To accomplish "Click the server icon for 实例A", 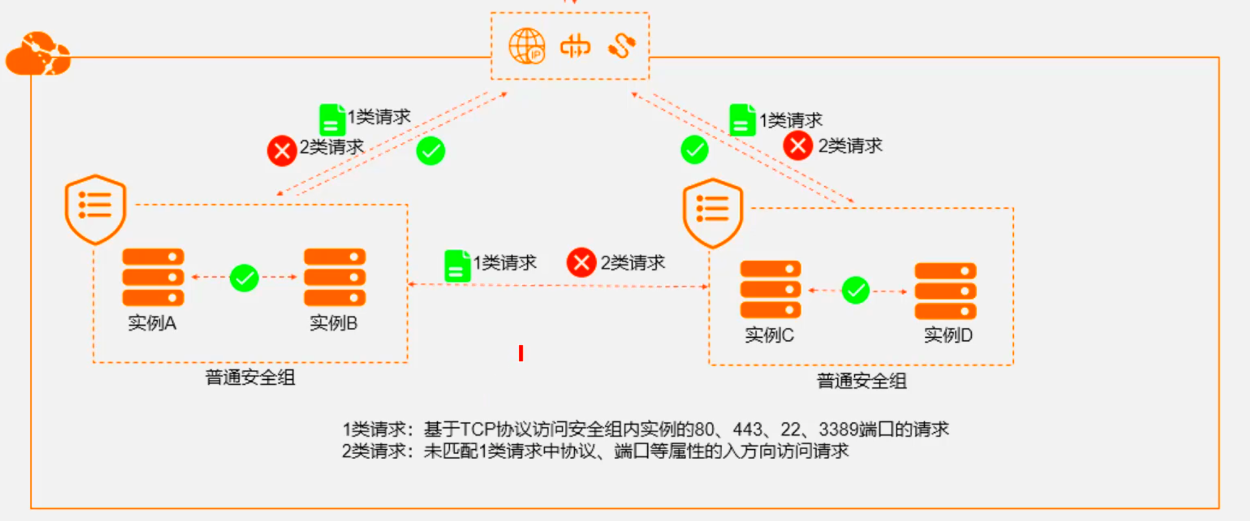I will pos(153,277).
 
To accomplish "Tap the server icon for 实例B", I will pos(335,277).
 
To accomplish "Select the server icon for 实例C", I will pos(770,289).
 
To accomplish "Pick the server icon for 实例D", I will pos(945,291).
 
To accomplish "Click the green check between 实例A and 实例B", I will pos(244,278).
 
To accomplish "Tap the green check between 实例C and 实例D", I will pos(855,290).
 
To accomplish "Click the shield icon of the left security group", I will pos(96,209).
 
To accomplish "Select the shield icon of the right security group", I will pos(712,212).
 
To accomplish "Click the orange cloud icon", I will pos(38,55).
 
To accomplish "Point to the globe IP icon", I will pos(527,46).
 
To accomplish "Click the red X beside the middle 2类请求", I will pos(581,262).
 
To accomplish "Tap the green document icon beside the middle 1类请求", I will pos(457,265).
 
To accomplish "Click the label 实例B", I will pos(333,323).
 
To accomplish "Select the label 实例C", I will pos(769,335).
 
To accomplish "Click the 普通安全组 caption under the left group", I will pos(250,377).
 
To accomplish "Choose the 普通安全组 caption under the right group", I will pos(862,381).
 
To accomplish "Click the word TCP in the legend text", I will pos(478,430).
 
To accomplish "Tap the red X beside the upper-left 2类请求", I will pos(282,150).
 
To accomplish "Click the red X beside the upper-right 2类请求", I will pos(798,146).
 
